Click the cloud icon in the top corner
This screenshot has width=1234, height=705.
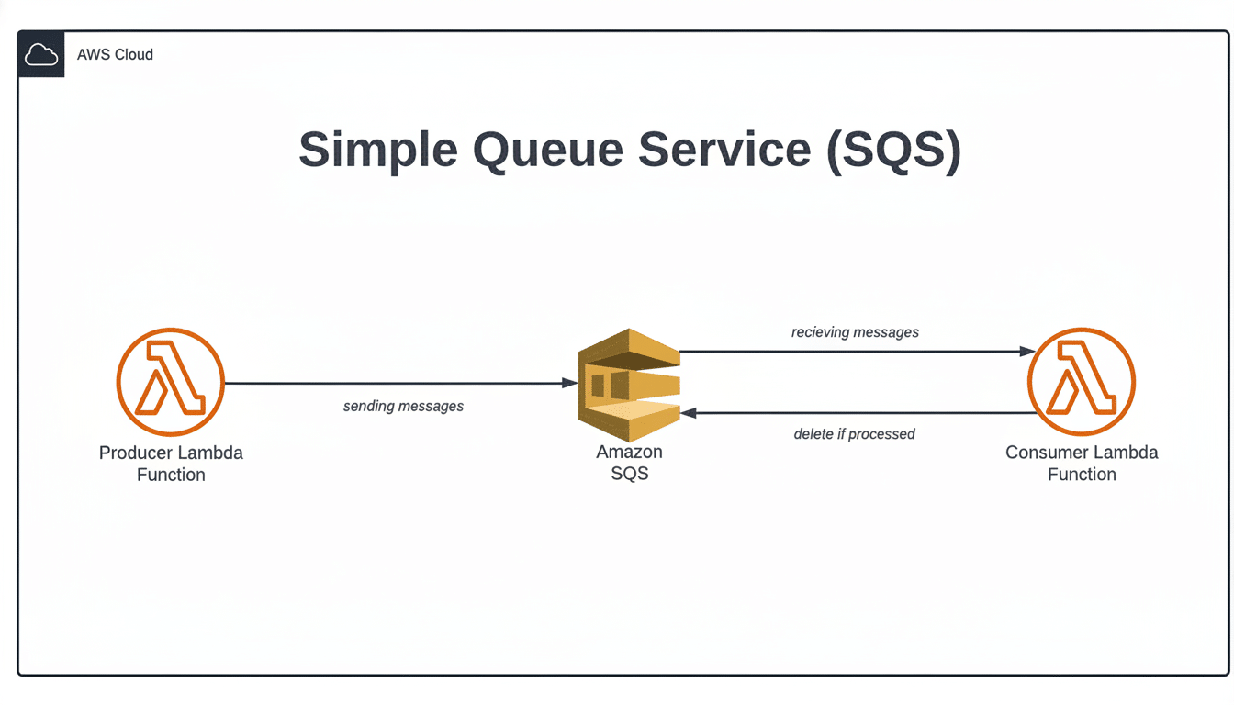40,55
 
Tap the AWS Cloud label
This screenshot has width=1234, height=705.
115,55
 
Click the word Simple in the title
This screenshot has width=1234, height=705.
377,150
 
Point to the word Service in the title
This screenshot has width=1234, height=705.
725,150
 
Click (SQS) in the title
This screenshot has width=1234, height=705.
893,150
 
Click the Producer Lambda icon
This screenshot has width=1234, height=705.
171,383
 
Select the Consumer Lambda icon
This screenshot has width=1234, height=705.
1082,382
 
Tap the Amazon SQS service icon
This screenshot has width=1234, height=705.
629,385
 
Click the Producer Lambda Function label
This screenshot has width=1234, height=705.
171,464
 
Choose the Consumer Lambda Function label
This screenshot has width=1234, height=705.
1082,464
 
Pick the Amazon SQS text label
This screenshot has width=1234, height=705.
629,463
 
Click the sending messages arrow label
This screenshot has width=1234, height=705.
403,406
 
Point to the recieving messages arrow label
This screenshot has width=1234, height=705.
855,332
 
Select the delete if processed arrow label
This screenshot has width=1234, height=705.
854,434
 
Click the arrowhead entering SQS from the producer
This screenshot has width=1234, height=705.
570,383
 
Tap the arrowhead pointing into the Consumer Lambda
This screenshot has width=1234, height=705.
1027,351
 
